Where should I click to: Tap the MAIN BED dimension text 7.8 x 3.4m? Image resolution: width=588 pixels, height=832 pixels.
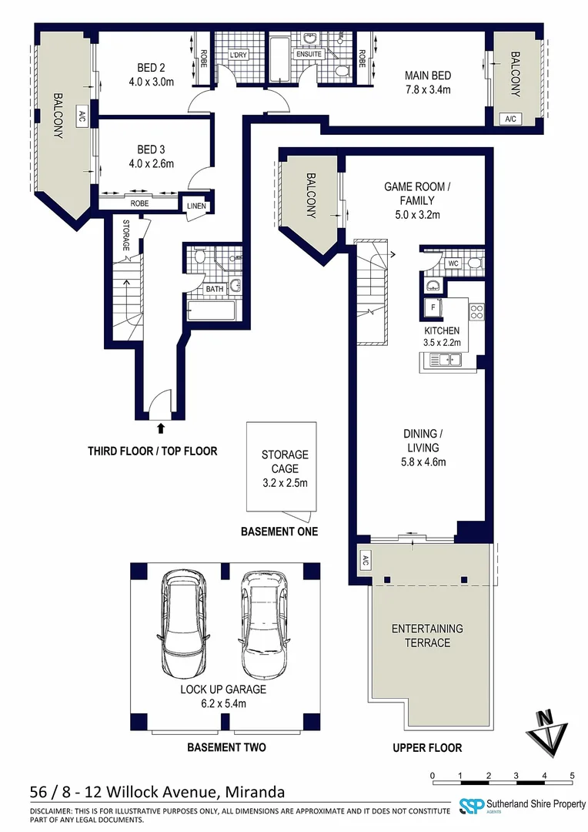tap(427, 89)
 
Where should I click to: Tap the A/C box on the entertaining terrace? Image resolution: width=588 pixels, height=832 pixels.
tap(363, 560)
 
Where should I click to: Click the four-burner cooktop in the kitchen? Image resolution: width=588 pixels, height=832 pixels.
tap(476, 312)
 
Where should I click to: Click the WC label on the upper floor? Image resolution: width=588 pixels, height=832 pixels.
tap(453, 263)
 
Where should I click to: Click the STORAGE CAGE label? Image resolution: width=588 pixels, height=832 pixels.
tap(284, 461)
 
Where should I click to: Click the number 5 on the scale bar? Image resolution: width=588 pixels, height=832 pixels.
tap(572, 776)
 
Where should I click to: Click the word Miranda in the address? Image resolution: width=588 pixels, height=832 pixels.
tap(254, 793)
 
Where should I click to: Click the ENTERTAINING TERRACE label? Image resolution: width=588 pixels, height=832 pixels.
tap(428, 636)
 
